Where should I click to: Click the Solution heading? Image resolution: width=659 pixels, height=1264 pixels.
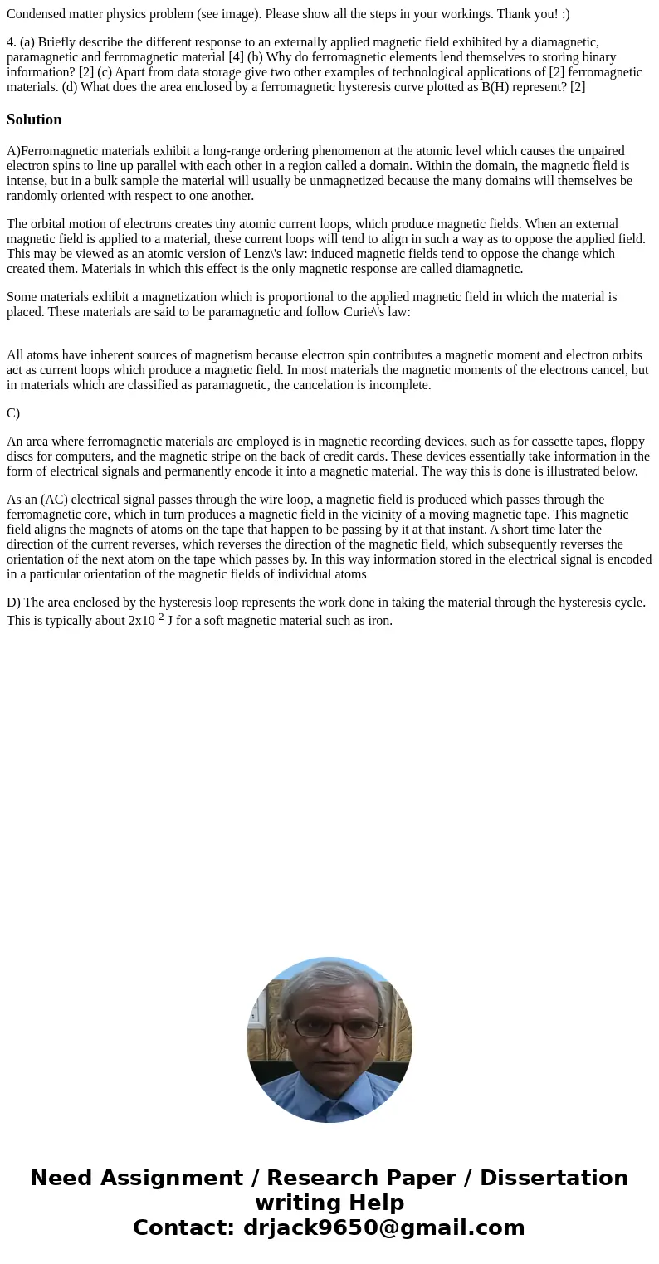tap(34, 120)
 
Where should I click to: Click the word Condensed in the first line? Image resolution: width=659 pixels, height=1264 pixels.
tap(35, 13)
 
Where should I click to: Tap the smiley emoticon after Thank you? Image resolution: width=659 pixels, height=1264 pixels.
tap(564, 13)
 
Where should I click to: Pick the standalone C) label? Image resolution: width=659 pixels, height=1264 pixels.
tap(13, 413)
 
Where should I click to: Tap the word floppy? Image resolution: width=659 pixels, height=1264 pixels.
tap(627, 442)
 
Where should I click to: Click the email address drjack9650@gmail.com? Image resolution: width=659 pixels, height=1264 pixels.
tap(383, 1227)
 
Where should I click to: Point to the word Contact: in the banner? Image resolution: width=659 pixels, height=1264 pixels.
tap(184, 1227)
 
